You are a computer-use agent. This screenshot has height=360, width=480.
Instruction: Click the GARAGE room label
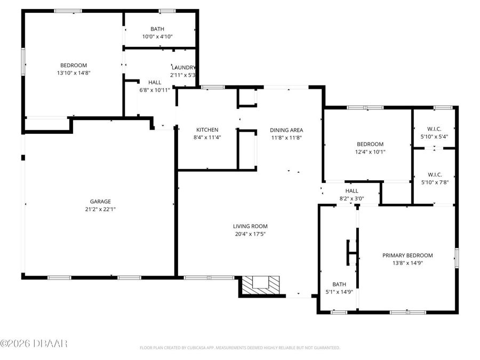click(100, 201)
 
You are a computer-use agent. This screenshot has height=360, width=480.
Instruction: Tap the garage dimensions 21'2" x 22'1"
click(100, 209)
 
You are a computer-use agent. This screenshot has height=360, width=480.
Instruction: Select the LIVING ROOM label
click(250, 226)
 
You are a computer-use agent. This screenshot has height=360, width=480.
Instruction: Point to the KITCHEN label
click(207, 130)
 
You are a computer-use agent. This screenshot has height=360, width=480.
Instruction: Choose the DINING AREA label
click(286, 130)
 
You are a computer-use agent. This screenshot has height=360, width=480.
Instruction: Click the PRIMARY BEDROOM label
click(407, 255)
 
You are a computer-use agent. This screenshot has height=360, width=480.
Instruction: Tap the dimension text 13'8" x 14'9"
click(407, 263)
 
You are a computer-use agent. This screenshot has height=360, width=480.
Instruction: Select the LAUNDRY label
click(183, 67)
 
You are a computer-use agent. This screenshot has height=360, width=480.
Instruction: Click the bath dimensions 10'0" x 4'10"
click(157, 37)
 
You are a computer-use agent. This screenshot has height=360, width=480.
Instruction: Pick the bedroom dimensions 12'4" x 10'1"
click(370, 152)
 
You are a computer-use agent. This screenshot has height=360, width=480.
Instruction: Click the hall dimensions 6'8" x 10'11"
click(155, 90)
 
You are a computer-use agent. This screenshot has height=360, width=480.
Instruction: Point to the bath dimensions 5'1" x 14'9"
click(339, 292)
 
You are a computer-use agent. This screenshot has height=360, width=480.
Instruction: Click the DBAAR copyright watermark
click(34, 343)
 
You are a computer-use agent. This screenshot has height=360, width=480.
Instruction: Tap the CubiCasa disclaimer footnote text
click(239, 348)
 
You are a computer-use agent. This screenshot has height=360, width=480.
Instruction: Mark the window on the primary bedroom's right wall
click(456, 257)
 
